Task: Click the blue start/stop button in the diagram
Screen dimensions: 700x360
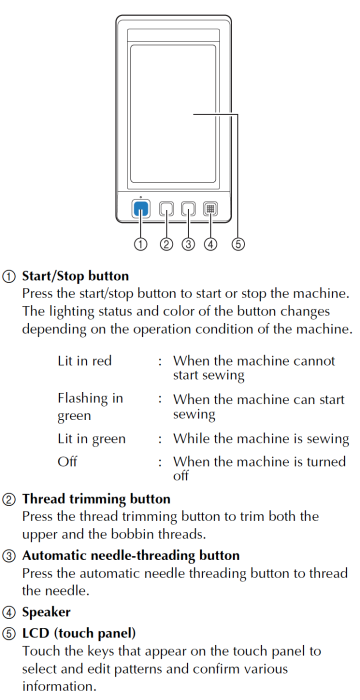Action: pos(141,209)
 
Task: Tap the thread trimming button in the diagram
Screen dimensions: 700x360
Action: pos(166,209)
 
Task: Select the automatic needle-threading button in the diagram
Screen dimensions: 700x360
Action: pos(188,209)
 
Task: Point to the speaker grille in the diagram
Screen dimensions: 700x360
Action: pos(210,209)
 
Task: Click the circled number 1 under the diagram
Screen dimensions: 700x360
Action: pos(141,243)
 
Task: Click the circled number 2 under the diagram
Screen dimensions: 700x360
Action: pos(166,243)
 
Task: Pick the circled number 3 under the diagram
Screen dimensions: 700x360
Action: pos(188,243)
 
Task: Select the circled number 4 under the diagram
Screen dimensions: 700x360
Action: pos(210,243)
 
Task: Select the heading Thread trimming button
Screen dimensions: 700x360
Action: pos(89,499)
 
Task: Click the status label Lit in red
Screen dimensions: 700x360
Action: pos(85,361)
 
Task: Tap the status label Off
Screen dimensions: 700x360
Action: pos(68,461)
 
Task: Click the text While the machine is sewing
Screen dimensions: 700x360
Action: pos(261,439)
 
